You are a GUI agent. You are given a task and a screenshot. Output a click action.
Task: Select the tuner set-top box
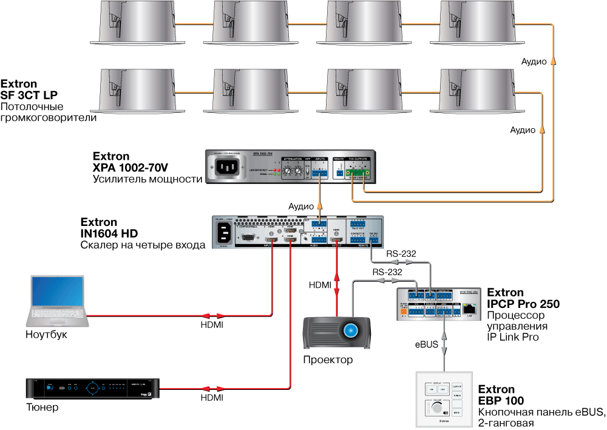click(92, 388)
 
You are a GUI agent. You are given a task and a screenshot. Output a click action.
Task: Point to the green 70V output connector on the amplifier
click(358, 174)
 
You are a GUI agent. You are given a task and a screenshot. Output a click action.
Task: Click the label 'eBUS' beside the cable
click(427, 344)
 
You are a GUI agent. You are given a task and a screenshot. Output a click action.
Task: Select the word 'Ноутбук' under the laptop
click(46, 335)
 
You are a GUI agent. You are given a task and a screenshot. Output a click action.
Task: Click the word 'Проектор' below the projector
click(328, 360)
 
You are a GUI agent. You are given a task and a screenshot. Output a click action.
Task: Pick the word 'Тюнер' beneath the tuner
click(42, 407)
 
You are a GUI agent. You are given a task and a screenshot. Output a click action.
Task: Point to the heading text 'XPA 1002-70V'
click(131, 168)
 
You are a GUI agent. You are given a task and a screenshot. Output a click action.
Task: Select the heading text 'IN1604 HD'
click(109, 234)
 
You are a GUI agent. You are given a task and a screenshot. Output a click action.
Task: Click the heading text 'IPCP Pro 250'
click(523, 304)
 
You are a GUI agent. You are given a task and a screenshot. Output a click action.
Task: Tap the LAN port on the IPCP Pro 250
click(469, 309)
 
